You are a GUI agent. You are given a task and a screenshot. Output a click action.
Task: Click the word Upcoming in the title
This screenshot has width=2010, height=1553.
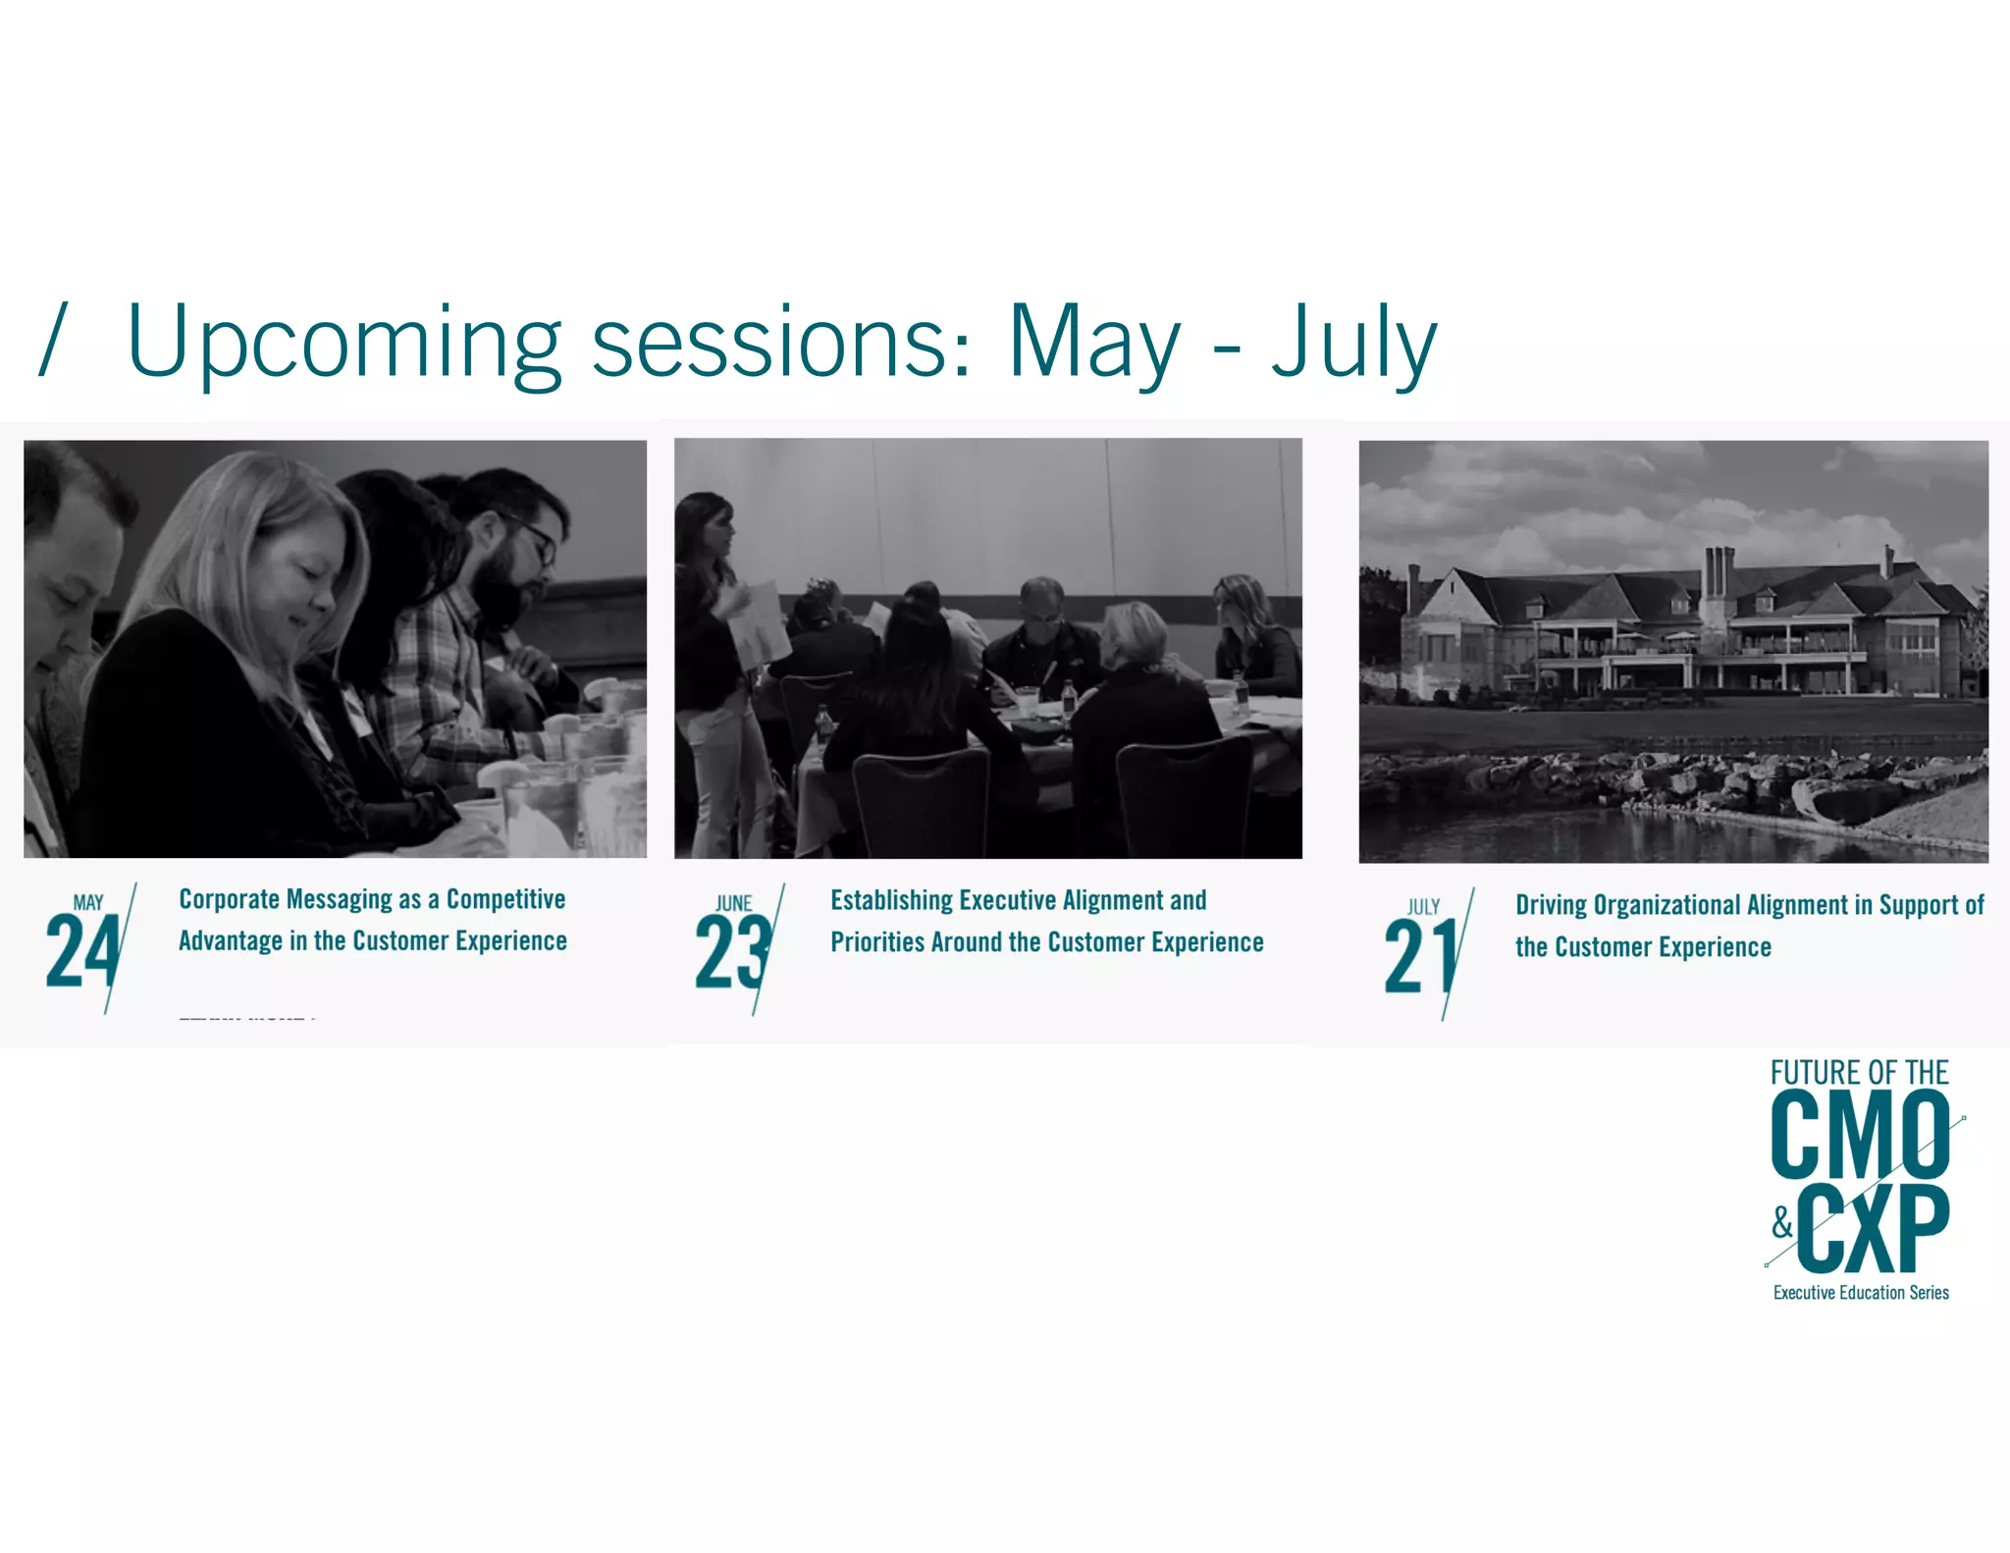tap(344, 342)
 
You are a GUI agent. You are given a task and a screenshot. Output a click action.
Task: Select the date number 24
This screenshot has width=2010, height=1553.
tap(82, 950)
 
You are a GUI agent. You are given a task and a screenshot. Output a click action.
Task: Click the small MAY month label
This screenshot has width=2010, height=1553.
tap(88, 902)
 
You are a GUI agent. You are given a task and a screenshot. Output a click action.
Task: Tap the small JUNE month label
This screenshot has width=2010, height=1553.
tap(734, 903)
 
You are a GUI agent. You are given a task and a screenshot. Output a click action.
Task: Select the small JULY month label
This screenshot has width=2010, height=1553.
tap(1423, 906)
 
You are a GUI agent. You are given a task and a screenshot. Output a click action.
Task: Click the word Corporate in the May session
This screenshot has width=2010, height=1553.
tap(230, 899)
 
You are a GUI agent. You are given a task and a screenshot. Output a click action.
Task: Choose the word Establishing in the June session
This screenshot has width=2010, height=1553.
tap(891, 900)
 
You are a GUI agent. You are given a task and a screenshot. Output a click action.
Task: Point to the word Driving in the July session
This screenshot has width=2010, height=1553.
tap(1551, 904)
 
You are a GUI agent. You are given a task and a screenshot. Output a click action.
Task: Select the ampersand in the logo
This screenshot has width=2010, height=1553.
tap(1782, 1223)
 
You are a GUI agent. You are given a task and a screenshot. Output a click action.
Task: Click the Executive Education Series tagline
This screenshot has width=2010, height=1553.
tap(1861, 1293)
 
